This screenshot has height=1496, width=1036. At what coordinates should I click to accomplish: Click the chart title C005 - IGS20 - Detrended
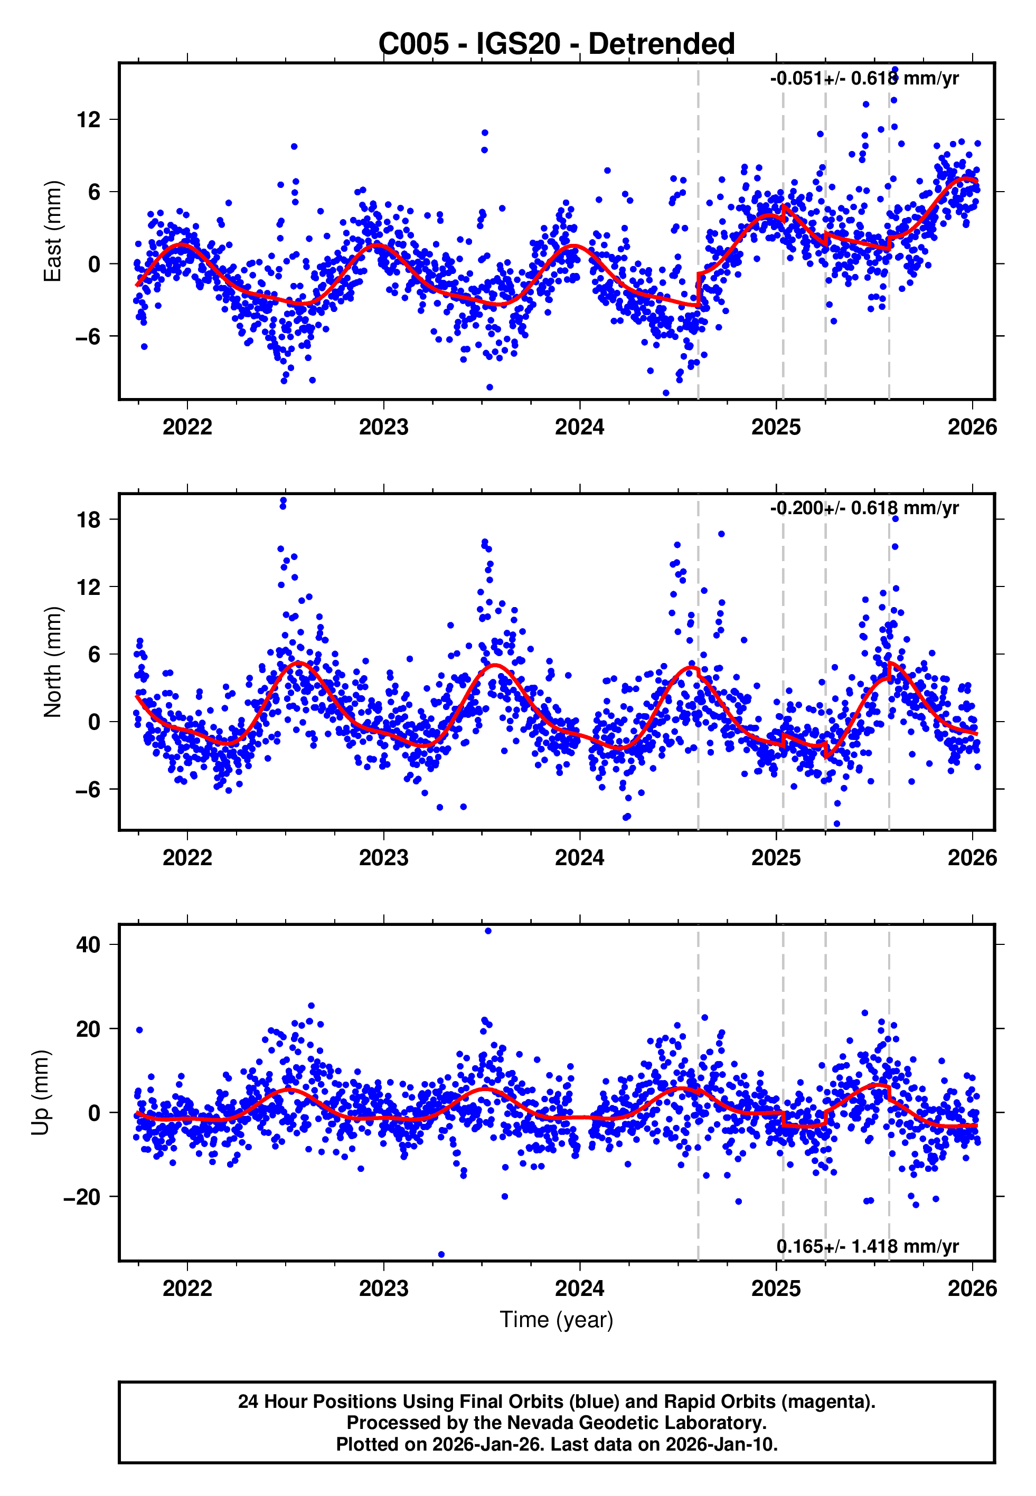pos(557,44)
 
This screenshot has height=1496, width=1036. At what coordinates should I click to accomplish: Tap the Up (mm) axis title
pos(40,1093)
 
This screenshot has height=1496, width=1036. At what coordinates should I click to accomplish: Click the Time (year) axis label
pos(557,1320)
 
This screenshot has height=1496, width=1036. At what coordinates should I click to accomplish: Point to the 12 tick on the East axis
pos(88,119)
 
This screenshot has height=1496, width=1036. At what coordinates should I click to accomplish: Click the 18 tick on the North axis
pos(88,519)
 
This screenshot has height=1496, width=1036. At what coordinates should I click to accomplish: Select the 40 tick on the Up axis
pos(88,944)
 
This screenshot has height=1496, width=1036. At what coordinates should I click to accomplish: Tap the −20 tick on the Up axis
pos(82,1197)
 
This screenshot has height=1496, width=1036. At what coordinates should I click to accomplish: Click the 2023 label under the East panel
pos(384,427)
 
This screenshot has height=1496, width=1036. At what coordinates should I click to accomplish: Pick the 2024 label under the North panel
pos(580,858)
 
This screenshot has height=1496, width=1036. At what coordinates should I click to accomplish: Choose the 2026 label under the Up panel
pos(972,1289)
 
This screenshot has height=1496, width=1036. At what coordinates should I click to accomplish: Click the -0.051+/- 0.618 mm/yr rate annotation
pos(864,79)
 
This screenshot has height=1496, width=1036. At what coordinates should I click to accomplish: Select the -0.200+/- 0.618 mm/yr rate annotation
pos(864,508)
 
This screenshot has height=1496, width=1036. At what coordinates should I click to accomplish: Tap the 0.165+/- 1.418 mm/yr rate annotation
pos(867,1246)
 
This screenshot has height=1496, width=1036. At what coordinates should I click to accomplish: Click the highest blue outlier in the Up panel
pos(488,931)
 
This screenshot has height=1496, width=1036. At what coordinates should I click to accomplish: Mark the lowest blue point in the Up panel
pos(441,1254)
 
